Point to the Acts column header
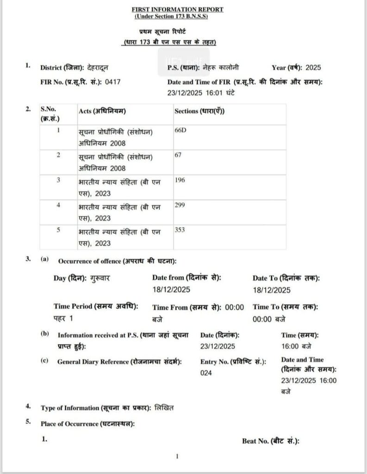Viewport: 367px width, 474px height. click(102, 111)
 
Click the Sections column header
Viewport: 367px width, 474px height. click(199, 111)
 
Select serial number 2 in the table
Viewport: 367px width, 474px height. click(59, 155)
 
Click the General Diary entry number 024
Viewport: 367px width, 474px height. click(206, 373)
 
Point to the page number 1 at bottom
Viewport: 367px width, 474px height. click(177, 456)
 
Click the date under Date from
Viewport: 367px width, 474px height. click(171, 290)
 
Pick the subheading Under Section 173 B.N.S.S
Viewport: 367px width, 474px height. click(172, 17)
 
